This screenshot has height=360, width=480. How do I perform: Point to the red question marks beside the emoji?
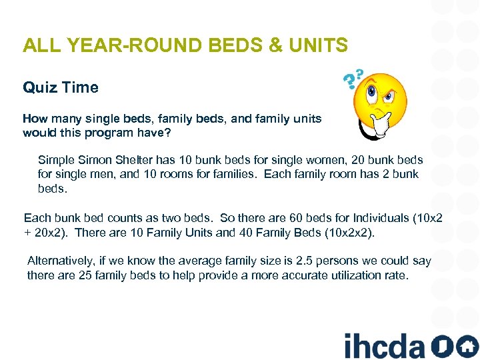(x=353, y=78)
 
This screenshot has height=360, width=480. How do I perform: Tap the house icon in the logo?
(x=468, y=345)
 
